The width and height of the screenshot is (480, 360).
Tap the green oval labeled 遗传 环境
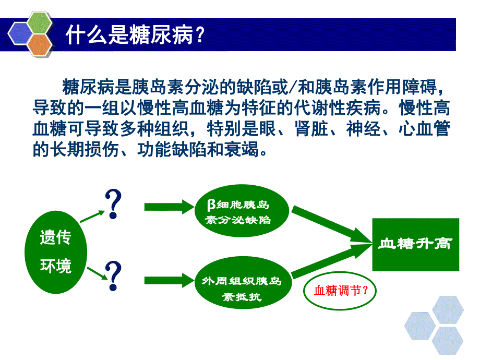pyautogui.click(x=56, y=252)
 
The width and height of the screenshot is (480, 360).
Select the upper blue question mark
pyautogui.click(x=114, y=204)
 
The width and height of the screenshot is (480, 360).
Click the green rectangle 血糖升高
pyautogui.click(x=415, y=244)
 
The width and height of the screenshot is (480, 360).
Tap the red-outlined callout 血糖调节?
pyautogui.click(x=340, y=291)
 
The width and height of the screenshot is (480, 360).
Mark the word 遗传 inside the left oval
pyautogui.click(x=55, y=238)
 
